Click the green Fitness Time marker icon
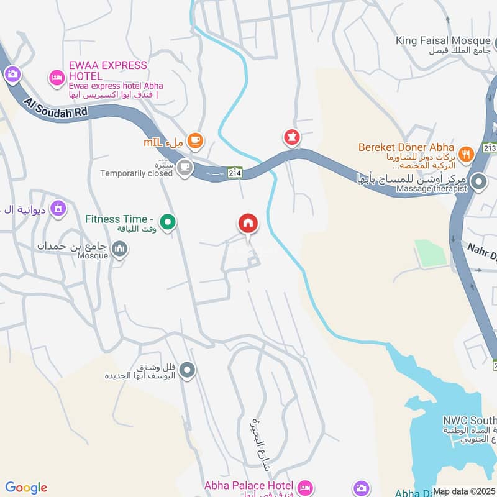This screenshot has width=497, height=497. [x=167, y=221]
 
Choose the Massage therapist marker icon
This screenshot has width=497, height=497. [x=478, y=183]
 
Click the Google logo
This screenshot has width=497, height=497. [x=26, y=488]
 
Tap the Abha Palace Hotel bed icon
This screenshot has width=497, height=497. [x=304, y=486]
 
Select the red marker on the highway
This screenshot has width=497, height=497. [x=291, y=137]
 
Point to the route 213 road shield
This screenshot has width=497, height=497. [x=491, y=148]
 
